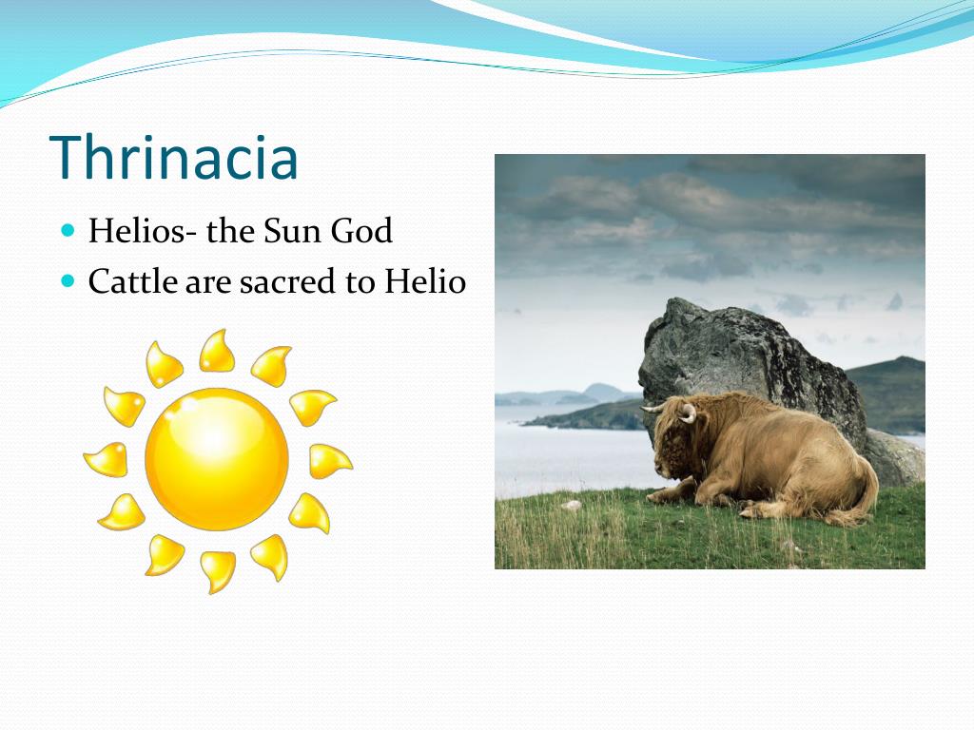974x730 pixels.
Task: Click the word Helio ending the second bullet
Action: (424, 282)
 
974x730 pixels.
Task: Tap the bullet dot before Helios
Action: (67, 231)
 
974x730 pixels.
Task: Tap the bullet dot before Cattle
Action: (67, 282)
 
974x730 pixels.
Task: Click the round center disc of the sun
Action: (217, 459)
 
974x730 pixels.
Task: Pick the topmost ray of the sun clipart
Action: (217, 351)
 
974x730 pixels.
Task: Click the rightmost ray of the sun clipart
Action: (329, 461)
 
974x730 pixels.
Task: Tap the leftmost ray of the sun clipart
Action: (105, 460)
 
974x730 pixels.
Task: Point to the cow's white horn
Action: (687, 413)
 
